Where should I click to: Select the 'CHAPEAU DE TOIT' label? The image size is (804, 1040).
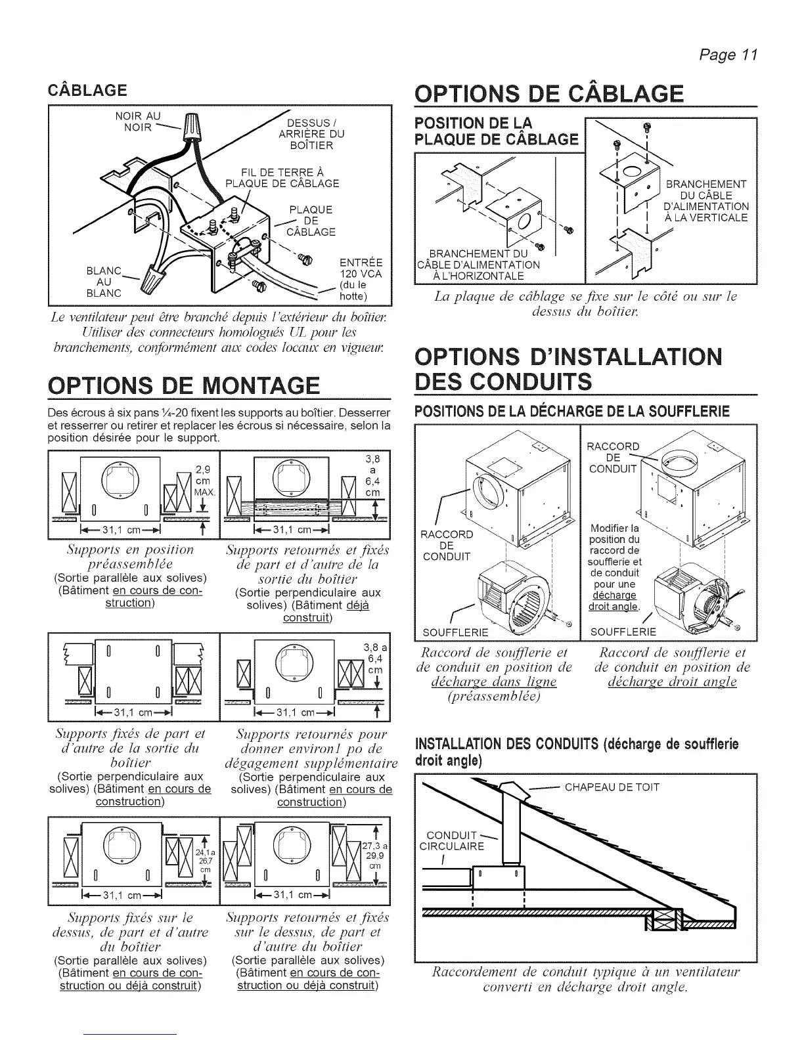612,787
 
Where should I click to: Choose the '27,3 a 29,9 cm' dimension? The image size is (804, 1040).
376,856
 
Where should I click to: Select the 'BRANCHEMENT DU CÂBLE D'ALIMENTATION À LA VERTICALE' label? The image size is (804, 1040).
706,201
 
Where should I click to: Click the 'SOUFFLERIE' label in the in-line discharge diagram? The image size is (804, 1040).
456,632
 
